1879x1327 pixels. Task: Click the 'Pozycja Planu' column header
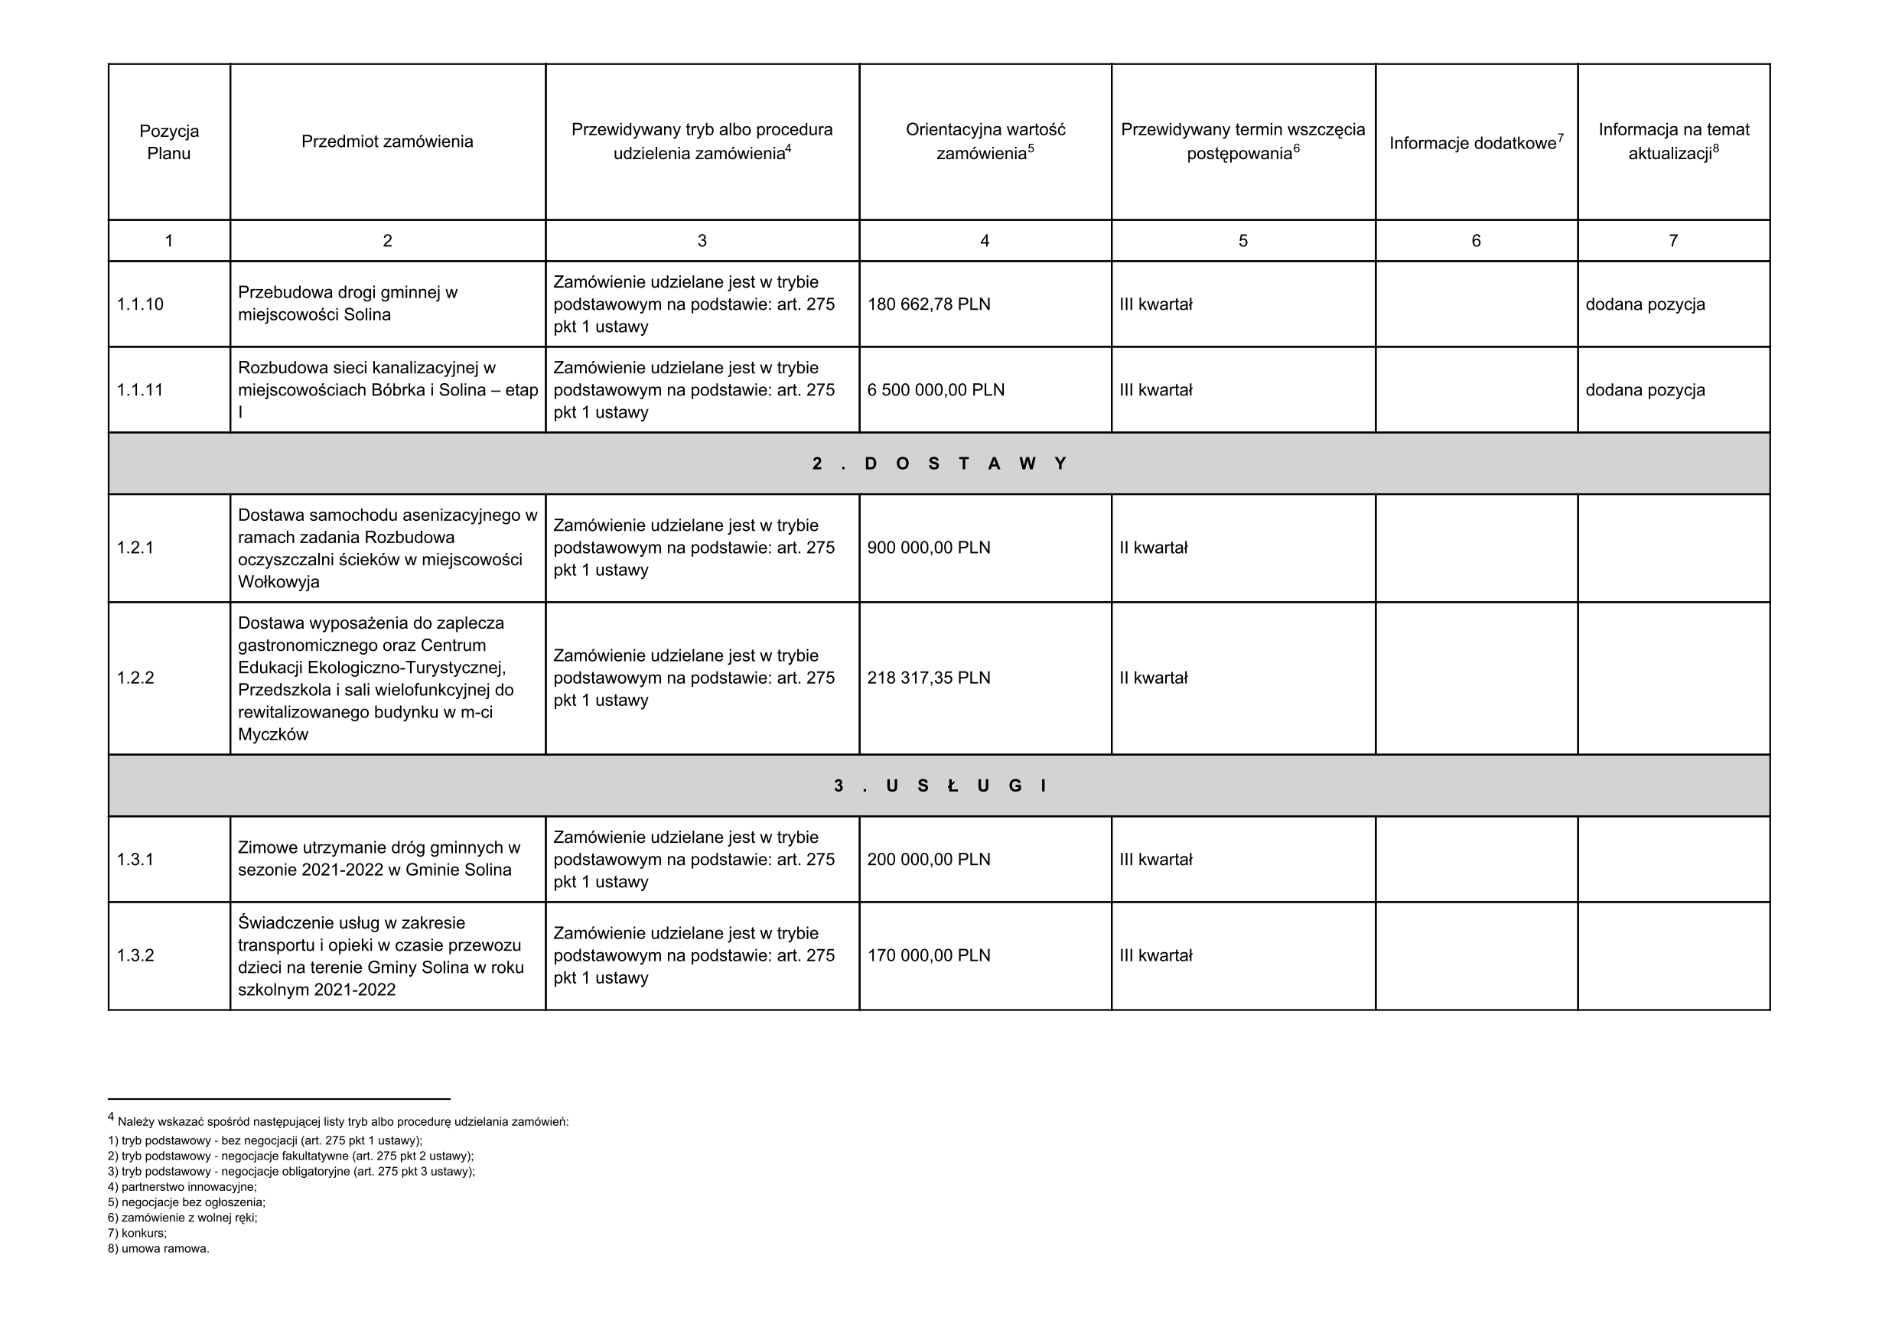[168, 142]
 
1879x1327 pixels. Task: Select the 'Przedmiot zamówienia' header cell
[387, 141]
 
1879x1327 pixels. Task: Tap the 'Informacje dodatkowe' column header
[1476, 143]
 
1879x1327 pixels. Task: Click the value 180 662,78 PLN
[928, 304]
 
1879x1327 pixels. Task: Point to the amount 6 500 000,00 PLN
[936, 390]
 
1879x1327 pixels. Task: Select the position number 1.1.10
[140, 304]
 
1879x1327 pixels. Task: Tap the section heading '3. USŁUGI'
[939, 786]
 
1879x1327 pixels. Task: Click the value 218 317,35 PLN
[928, 678]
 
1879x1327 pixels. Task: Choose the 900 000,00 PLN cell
[928, 548]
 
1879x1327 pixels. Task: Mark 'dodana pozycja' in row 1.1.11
[1645, 390]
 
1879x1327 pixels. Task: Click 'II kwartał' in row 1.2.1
[1153, 548]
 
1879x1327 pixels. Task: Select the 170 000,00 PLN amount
[928, 955]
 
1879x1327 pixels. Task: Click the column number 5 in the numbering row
[1242, 240]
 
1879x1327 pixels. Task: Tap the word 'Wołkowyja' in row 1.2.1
[278, 583]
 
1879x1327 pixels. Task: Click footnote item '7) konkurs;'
[137, 1233]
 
